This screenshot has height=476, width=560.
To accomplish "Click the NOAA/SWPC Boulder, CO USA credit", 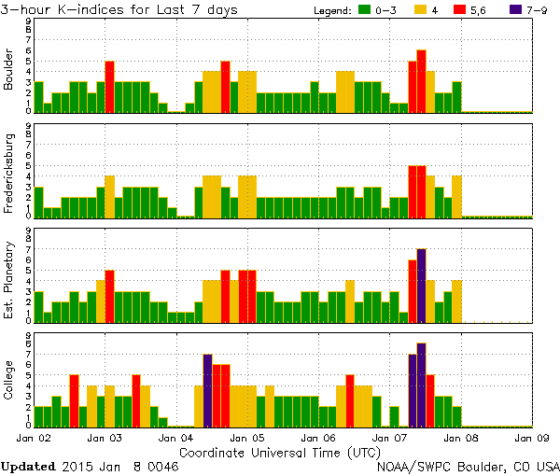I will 467,465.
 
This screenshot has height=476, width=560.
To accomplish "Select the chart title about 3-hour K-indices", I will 119,10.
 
